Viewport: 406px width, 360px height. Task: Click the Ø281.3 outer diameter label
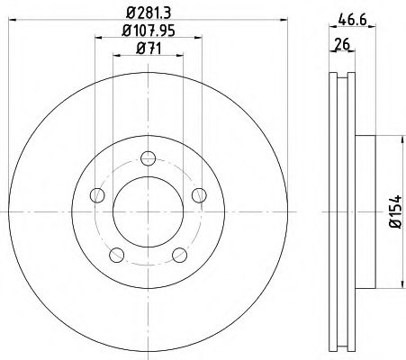click(147, 11)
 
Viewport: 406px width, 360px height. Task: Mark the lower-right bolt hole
click(177, 255)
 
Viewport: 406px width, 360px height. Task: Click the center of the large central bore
click(147, 212)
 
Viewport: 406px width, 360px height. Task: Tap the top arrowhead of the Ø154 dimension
click(396, 139)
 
